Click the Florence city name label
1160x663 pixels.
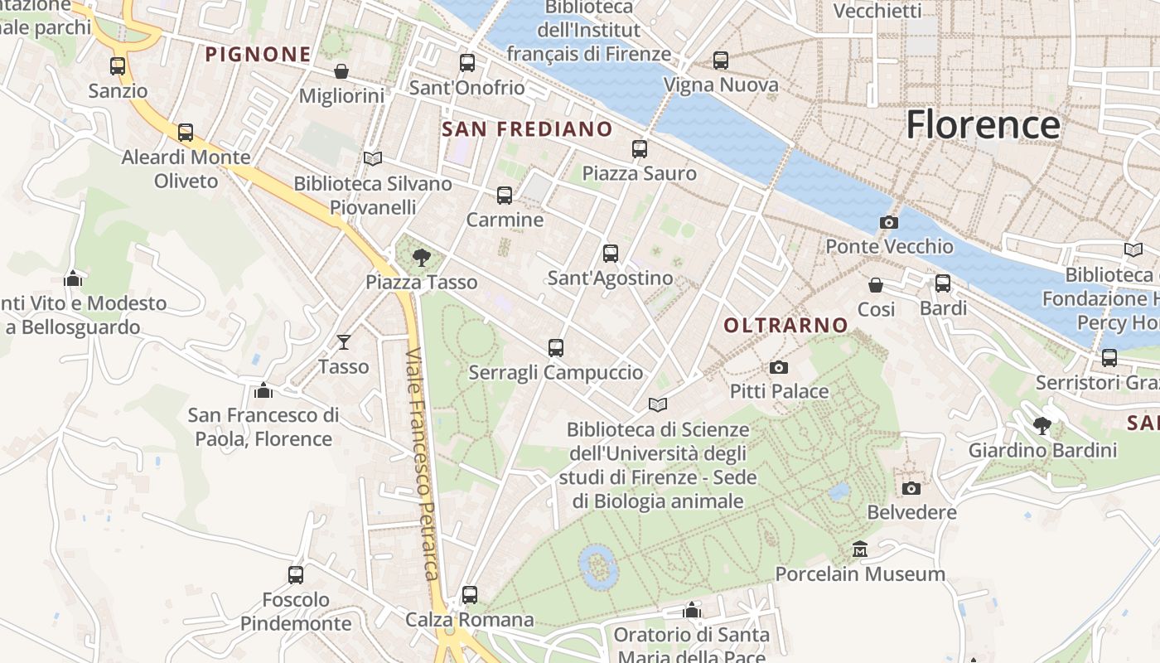(983, 125)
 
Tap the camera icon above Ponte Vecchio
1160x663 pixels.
(888, 222)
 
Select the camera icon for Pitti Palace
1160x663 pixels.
(778, 367)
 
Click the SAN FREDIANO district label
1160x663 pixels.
(527, 129)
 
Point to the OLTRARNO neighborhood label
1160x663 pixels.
(785, 325)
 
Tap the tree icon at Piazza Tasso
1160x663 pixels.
(421, 257)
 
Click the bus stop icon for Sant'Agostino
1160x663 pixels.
(611, 254)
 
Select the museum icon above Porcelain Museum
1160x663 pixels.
(859, 549)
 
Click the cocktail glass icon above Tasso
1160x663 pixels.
(343, 341)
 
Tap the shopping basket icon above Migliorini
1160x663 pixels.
(341, 72)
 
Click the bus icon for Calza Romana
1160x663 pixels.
(469, 594)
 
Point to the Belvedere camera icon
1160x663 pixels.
(911, 488)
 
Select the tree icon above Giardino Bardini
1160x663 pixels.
(1042, 426)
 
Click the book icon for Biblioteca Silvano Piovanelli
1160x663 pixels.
(373, 158)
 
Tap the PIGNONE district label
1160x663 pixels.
(258, 55)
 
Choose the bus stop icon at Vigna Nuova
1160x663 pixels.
(720, 60)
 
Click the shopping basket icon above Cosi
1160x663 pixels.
(876, 285)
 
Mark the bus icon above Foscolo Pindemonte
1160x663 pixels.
(295, 574)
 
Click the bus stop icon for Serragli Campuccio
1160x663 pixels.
(555, 348)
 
